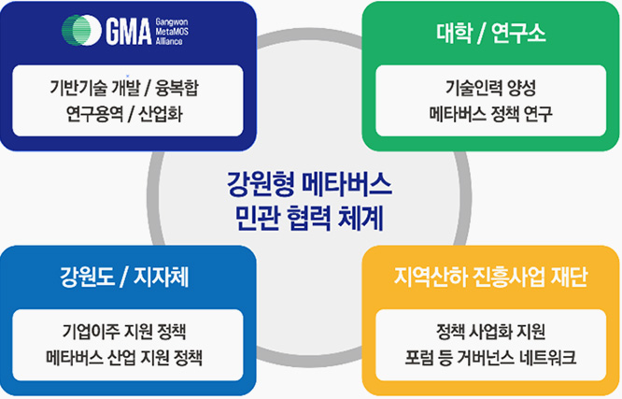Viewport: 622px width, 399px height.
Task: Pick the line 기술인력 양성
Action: [490, 90]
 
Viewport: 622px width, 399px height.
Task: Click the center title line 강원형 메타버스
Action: [310, 181]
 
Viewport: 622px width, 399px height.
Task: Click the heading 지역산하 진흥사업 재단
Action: [490, 278]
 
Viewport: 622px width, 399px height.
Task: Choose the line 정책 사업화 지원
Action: [490, 333]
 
